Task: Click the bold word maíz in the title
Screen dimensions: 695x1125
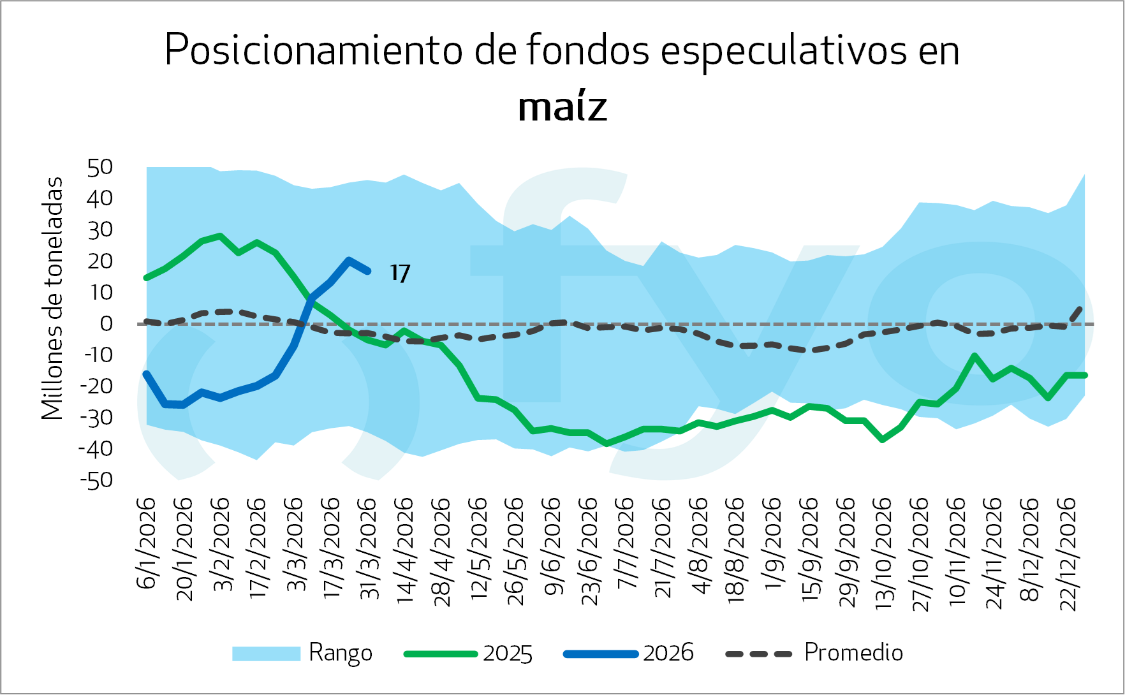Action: click(562, 107)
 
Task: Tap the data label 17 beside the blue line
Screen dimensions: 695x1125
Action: click(400, 274)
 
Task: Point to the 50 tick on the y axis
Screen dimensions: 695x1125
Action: click(100, 168)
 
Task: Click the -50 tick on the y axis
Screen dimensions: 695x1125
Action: click(96, 480)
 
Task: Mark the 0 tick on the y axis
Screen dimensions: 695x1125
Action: click(106, 324)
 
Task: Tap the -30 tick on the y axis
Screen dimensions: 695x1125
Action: click(96, 418)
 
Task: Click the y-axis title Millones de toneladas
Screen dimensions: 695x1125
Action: click(53, 298)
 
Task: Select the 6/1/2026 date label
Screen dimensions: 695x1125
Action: click(147, 543)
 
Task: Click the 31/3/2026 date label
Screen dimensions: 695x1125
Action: click(369, 548)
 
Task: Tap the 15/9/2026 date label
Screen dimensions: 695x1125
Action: click(810, 548)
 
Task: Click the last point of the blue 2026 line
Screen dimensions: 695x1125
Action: click(368, 272)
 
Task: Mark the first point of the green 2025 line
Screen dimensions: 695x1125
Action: click(147, 278)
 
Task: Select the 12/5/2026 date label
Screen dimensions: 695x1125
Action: click(480, 548)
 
